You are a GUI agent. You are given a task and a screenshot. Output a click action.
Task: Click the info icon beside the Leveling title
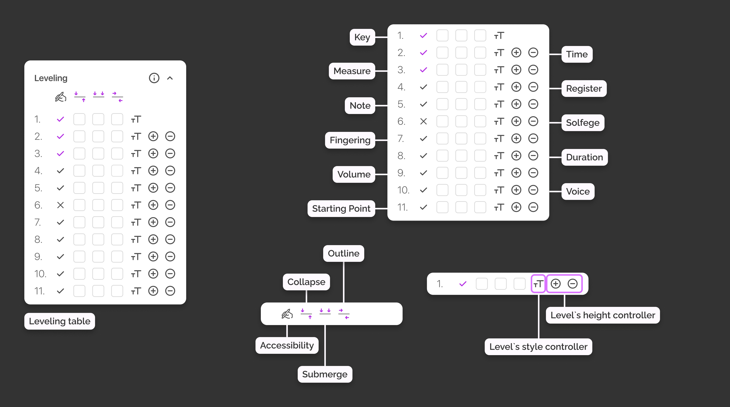click(154, 78)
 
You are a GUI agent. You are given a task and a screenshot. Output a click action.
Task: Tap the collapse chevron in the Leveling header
click(170, 78)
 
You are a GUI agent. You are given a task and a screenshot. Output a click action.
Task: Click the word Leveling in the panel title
click(51, 78)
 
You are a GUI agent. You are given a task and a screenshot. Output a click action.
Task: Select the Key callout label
click(362, 37)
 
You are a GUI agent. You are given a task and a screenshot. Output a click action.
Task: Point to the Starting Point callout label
click(341, 208)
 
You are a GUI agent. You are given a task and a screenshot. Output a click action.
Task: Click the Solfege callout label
click(583, 123)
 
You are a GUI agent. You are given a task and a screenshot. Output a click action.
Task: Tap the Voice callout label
click(578, 192)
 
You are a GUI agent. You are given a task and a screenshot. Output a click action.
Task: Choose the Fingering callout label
click(350, 140)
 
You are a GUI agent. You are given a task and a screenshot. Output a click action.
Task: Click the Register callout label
click(584, 88)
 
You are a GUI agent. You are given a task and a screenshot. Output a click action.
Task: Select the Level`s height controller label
click(603, 315)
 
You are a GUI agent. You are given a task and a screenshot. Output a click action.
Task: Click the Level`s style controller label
click(538, 347)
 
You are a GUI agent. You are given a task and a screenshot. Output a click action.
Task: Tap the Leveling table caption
click(60, 321)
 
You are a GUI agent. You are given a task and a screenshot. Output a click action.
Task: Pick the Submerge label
click(325, 374)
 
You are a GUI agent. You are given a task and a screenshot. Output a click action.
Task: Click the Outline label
click(344, 253)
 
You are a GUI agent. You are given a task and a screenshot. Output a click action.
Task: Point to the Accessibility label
click(287, 345)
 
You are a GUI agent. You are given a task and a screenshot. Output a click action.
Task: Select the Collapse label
click(306, 282)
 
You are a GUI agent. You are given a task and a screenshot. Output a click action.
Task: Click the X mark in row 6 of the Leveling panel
click(60, 205)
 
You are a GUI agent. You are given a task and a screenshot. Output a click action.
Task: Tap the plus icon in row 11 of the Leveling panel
click(153, 291)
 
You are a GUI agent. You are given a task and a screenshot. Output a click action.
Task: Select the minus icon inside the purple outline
click(572, 283)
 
